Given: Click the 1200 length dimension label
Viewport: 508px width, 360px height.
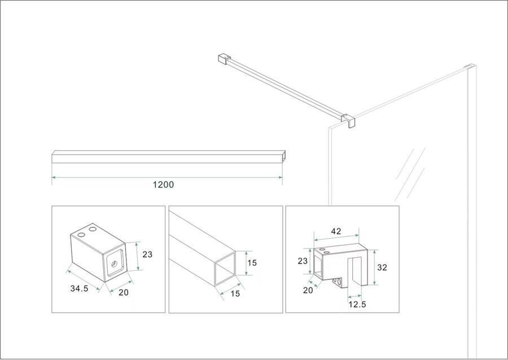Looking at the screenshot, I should (164, 185).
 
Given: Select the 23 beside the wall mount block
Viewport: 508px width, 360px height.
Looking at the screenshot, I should (147, 254).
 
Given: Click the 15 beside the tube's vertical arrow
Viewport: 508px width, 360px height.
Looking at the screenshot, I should (253, 263).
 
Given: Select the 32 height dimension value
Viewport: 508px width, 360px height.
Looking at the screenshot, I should (382, 268).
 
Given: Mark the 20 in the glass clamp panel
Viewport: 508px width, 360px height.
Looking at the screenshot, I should (308, 291).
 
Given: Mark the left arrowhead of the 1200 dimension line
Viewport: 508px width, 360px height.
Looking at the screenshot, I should (54, 178).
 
